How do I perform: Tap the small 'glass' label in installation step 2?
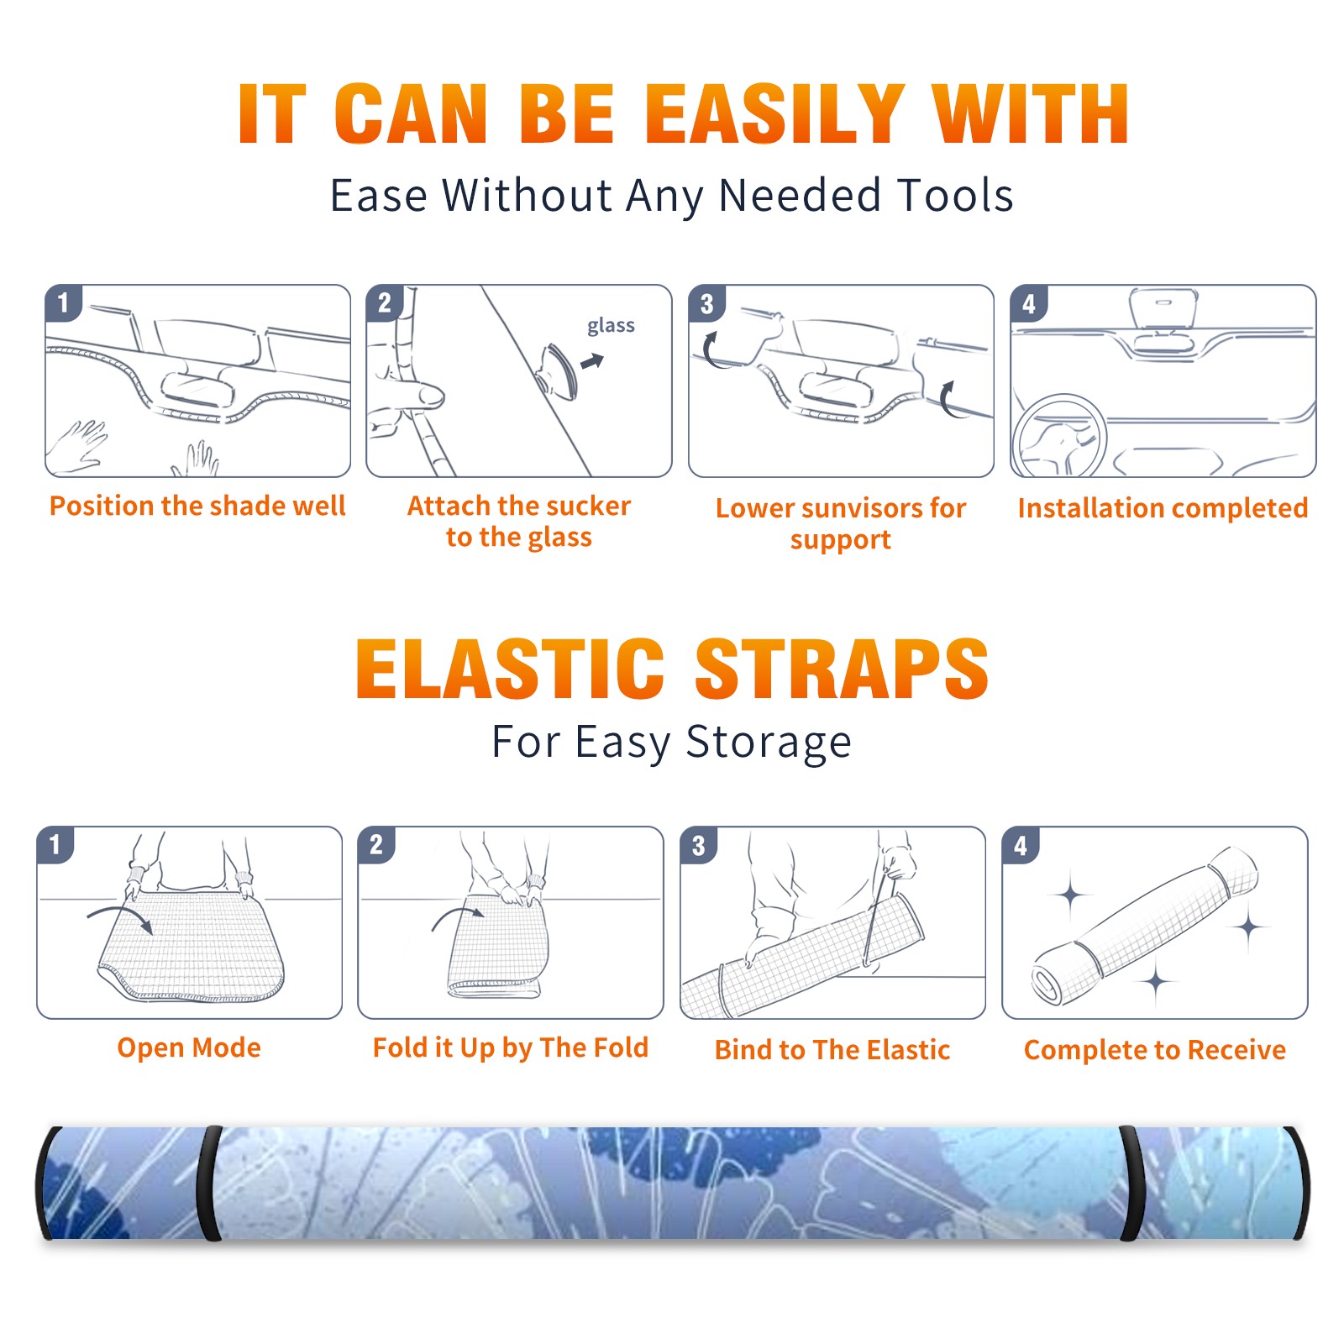pos(611,326)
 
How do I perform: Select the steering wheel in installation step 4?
pos(1059,437)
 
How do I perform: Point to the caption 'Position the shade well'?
pos(197,506)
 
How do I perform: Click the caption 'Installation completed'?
pos(1163,508)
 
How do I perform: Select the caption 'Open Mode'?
pos(189,1047)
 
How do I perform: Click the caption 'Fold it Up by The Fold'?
pos(511,1047)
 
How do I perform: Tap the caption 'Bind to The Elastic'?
pos(832,1050)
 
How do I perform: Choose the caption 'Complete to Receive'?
pos(1155,1050)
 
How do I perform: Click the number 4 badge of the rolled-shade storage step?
pos(1021,845)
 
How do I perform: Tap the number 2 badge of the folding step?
pos(376,844)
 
